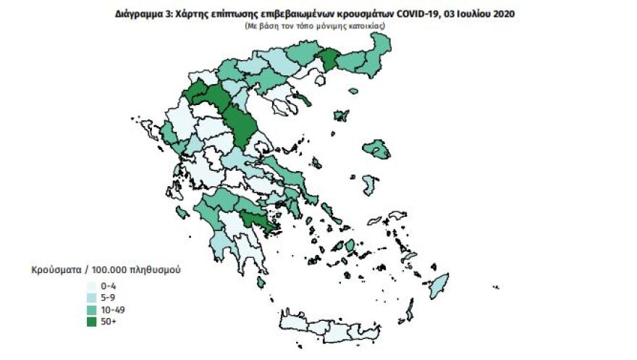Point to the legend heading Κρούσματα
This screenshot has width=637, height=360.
(x=54, y=269)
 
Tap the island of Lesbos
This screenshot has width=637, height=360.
(x=378, y=150)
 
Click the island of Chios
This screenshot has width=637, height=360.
(x=371, y=185)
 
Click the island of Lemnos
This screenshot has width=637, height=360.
(x=341, y=115)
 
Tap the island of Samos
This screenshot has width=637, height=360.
(x=397, y=218)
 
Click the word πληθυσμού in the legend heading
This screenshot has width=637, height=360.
(x=153, y=269)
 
